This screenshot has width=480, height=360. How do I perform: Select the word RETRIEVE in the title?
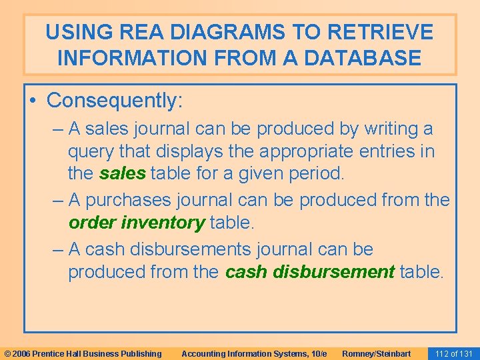click(379, 32)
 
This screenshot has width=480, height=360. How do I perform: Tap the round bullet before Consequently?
click(34, 101)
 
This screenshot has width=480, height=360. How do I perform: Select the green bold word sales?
click(123, 174)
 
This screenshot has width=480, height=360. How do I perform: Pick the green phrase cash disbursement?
click(310, 272)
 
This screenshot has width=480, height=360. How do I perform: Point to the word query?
click(91, 151)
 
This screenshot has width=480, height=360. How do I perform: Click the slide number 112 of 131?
click(453, 353)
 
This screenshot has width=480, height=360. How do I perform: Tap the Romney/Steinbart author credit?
click(377, 353)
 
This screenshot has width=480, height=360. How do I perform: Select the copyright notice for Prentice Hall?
click(83, 353)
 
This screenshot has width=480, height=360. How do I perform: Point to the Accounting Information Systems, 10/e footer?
click(254, 353)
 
